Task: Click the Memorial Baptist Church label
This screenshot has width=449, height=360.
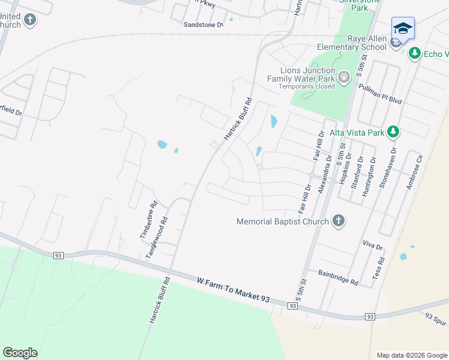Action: [x=283, y=221]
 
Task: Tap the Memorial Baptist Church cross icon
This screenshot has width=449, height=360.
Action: [x=338, y=221]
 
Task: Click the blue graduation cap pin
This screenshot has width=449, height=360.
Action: [x=403, y=28]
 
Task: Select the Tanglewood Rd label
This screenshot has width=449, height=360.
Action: [x=158, y=238]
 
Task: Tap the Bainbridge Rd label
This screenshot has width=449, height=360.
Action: [x=338, y=277]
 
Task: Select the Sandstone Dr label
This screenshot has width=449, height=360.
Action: [x=203, y=25]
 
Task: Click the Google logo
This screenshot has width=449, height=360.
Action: [x=20, y=352]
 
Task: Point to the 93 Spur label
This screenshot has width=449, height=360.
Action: [x=436, y=319]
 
